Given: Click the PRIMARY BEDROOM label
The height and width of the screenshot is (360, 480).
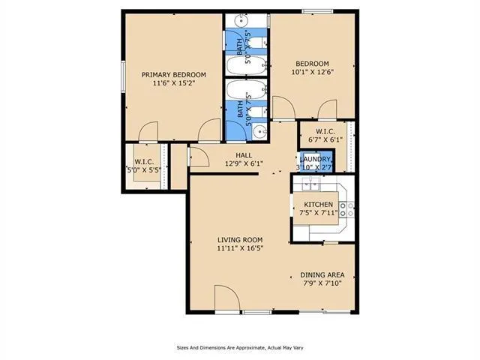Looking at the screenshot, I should coord(174,74).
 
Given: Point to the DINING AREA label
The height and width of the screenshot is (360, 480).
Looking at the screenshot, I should coord(322,274).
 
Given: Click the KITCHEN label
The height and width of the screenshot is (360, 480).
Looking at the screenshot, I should coord(318,204).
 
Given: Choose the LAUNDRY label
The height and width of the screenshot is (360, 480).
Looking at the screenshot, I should coord(316,159).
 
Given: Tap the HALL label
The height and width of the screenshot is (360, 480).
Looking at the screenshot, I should coord(243,155).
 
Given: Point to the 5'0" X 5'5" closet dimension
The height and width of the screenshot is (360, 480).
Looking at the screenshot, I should coord(144,169).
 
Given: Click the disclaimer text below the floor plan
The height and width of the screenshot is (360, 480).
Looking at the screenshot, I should coord(240,347).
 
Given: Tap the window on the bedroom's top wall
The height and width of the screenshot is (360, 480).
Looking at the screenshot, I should coord(313,10).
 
